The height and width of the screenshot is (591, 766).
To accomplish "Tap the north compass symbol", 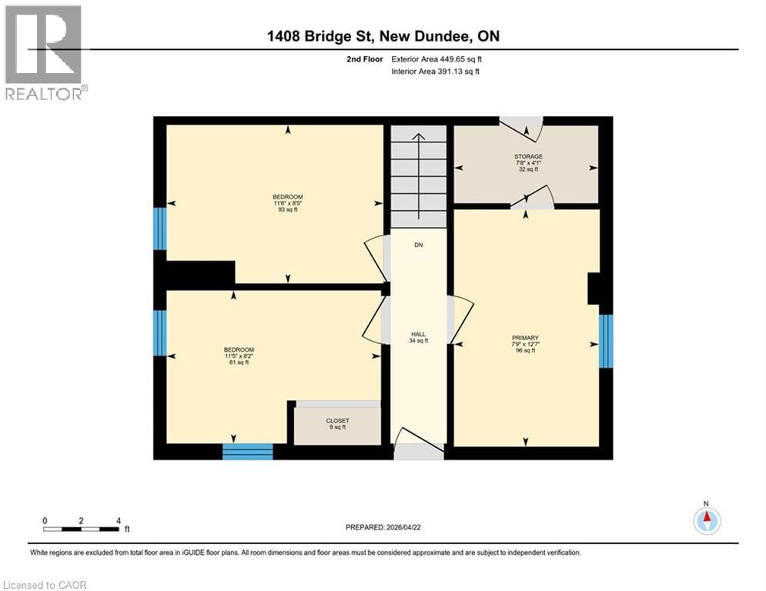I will coord(706,520).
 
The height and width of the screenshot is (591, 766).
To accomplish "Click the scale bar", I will coord(81,529).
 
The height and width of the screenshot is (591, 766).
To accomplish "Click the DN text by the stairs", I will coord(418,245).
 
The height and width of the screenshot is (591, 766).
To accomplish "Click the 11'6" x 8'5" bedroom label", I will coord(287,202).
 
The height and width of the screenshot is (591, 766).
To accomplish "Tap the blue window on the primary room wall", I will coord(606,342).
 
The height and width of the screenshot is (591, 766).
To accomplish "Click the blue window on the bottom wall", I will coord(247,452).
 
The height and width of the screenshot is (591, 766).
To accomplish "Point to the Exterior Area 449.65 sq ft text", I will coord(437,58).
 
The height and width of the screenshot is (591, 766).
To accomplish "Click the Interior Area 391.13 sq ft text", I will coord(437,72).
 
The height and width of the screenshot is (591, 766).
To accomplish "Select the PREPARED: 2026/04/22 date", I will coord(385,527).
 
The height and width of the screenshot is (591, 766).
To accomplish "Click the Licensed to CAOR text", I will coord(45,585).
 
